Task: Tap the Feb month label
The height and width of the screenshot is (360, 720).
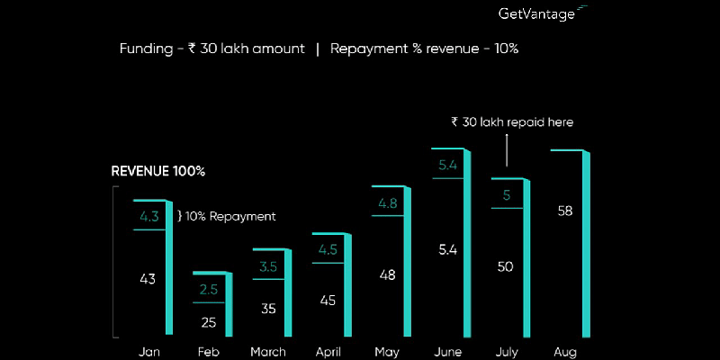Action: pyautogui.click(x=207, y=351)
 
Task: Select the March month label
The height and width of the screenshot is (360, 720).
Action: pyautogui.click(x=268, y=351)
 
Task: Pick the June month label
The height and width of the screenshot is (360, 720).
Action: pyautogui.click(x=447, y=351)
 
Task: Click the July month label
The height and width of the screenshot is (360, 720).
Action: pyautogui.click(x=506, y=351)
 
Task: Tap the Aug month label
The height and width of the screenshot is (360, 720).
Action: pyautogui.click(x=566, y=351)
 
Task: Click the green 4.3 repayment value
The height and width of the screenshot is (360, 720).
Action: pyautogui.click(x=148, y=216)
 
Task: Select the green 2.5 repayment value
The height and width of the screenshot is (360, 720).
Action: pyautogui.click(x=208, y=288)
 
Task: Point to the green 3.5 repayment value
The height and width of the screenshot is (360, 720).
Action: pyautogui.click(x=268, y=266)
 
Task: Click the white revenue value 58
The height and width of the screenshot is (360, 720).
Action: pyautogui.click(x=566, y=211)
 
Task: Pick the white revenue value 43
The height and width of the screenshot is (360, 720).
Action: pyautogui.click(x=148, y=279)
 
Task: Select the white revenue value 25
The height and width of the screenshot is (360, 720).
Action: pyautogui.click(x=208, y=321)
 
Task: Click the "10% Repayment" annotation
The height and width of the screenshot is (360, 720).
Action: pyautogui.click(x=226, y=216)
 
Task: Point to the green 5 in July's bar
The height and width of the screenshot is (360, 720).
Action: pyautogui.click(x=507, y=194)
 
